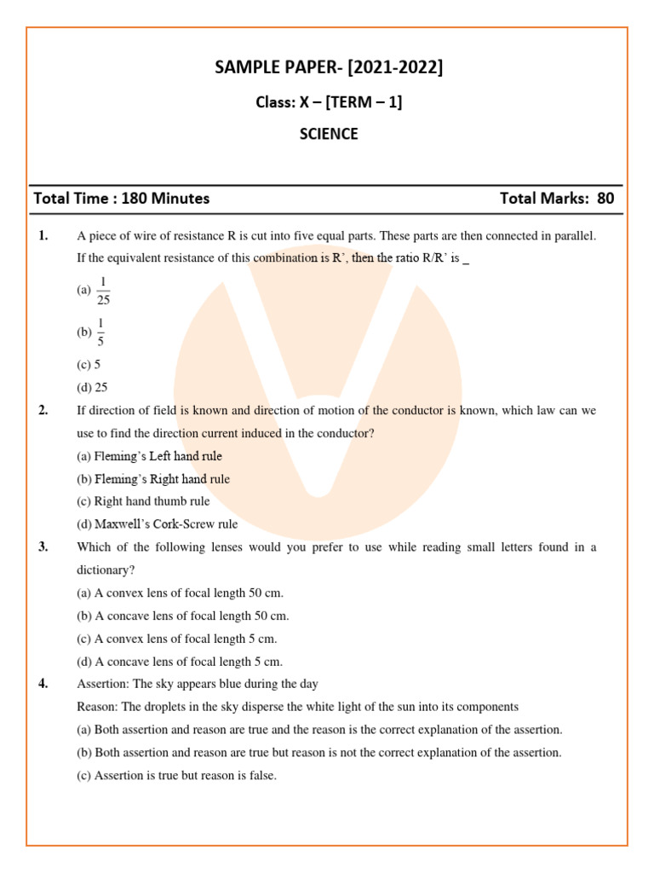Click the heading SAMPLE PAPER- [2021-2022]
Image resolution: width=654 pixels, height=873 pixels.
pos(329,68)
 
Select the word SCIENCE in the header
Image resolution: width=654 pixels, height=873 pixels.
pos(329,134)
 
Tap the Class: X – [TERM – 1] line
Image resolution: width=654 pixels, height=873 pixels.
pos(329,102)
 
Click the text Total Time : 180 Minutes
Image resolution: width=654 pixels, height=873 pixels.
pos(121,199)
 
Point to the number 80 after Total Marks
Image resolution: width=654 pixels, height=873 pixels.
pos(605,199)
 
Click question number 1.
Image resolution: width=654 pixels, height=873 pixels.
pos(43,236)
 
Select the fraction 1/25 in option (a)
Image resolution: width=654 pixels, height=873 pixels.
pos(103,291)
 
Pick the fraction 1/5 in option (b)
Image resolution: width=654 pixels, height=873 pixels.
pos(100,332)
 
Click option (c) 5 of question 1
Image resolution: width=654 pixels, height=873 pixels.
pos(89,364)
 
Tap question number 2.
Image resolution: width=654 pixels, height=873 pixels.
pos(43,410)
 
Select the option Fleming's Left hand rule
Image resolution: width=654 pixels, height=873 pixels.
pos(149,456)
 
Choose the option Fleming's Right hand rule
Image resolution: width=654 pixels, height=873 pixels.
pos(153,479)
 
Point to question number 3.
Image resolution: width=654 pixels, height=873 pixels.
pos(43,547)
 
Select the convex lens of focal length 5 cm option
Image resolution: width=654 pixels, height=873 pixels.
pos(177,639)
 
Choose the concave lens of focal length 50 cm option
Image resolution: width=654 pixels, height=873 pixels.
pos(183,616)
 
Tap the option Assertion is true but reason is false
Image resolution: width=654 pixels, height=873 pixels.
pos(177,776)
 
